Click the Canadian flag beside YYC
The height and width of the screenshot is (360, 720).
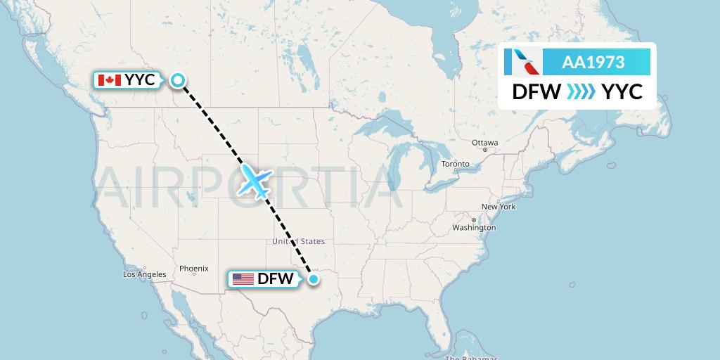click(x=110, y=80)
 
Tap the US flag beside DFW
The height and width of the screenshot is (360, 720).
click(x=243, y=279)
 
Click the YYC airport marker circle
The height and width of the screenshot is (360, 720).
click(x=179, y=80)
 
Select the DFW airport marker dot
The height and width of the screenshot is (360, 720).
click(x=313, y=279)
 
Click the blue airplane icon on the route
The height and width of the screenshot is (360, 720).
click(x=255, y=181)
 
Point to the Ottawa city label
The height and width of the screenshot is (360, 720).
click(x=484, y=143)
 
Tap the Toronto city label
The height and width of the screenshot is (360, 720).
click(x=455, y=165)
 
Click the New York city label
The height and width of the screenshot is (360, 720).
click(x=498, y=207)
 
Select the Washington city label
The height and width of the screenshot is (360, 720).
click(x=474, y=228)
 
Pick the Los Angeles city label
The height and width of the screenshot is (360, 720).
click(x=144, y=274)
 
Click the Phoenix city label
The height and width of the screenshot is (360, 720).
click(x=193, y=269)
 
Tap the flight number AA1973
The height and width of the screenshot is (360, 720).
click(x=593, y=63)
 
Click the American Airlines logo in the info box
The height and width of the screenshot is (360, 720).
click(x=522, y=63)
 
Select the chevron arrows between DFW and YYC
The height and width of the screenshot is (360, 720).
click(x=581, y=92)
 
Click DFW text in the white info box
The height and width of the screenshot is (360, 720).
click(x=536, y=92)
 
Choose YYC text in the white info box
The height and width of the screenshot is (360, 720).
click(x=622, y=92)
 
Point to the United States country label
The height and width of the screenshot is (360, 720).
click(x=298, y=241)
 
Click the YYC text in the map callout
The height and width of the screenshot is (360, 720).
click(x=140, y=80)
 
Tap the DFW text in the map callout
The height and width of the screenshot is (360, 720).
click(x=275, y=279)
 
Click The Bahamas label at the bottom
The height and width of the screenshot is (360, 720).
click(x=470, y=357)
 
